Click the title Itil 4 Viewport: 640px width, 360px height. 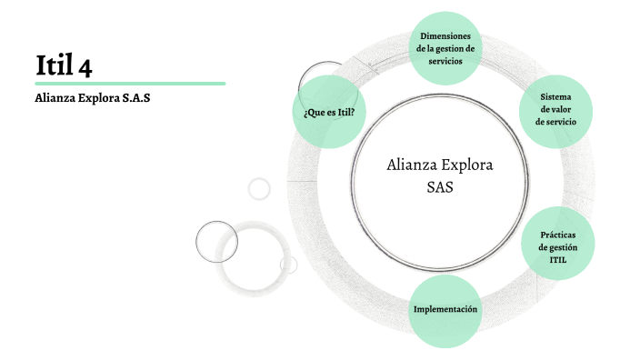click(x=63, y=65)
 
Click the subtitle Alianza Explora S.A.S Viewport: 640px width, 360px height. click(x=92, y=98)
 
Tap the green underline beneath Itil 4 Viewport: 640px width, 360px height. click(x=130, y=84)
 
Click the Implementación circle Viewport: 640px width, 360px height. click(x=445, y=310)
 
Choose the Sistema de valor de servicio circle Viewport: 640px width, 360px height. click(x=556, y=109)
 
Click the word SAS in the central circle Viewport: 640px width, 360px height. click(x=439, y=187)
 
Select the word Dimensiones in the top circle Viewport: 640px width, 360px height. click(x=445, y=35)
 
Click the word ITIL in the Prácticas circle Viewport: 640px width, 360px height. click(x=557, y=260)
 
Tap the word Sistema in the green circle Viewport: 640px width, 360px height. click(x=556, y=96)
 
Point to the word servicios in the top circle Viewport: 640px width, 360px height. click(x=445, y=61)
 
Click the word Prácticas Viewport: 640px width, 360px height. click(x=557, y=235)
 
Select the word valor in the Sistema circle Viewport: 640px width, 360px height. click(x=556, y=109)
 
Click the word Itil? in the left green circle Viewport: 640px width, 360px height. click(x=342, y=113)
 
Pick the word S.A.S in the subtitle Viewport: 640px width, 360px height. click(x=134, y=98)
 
